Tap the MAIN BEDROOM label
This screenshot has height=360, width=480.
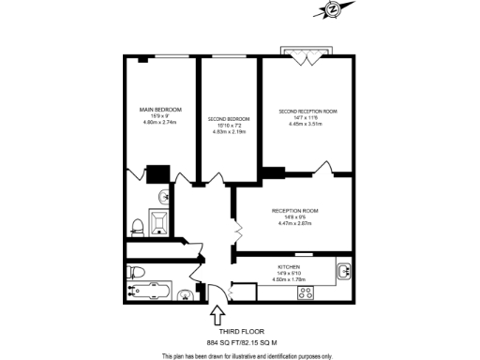click(161, 111)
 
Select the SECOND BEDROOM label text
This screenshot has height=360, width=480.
click(229, 119)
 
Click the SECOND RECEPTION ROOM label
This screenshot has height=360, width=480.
click(307, 112)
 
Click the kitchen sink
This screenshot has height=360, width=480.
click(344, 272)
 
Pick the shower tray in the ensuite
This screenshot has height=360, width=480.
click(158, 222)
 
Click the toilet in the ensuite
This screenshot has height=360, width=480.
click(137, 225)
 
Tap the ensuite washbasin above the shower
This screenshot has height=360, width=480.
click(163, 196)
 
